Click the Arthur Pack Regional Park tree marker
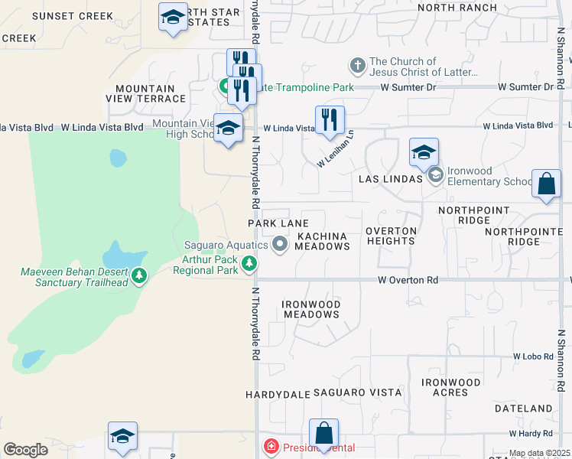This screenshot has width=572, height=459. [x=249, y=265]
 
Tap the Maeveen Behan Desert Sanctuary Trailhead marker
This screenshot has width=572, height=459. [x=138, y=275]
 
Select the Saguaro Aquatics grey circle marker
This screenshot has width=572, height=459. [x=280, y=245]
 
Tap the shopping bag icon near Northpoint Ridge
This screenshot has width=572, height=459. [x=546, y=184]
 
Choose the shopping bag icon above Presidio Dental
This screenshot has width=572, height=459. [x=324, y=433]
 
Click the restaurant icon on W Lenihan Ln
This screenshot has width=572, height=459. [x=330, y=120]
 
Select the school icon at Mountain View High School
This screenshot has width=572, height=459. [x=228, y=128]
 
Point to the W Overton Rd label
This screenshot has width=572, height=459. [x=408, y=281]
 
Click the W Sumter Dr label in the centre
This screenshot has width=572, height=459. [x=408, y=87]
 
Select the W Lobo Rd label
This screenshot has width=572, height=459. [x=533, y=356]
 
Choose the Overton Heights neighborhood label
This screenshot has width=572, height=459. [x=391, y=236]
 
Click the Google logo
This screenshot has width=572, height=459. [x=25, y=449]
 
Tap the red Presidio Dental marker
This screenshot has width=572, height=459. [x=269, y=446]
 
